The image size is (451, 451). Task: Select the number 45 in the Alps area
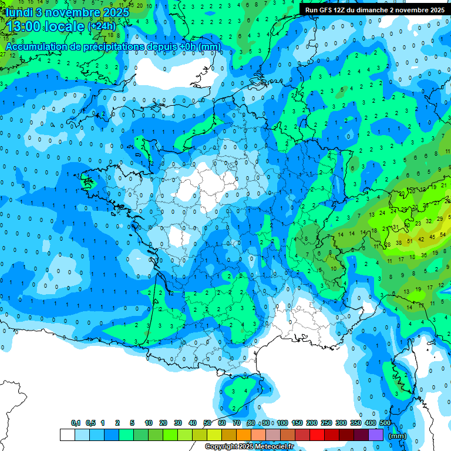pos(433,237)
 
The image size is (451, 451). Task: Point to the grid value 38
pos(399,243)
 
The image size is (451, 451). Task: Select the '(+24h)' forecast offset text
pos(102,26)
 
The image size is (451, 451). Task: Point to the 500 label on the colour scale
pos(385,423)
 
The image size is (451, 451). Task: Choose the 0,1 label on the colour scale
pos(76,423)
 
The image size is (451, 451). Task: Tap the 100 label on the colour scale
pos(282,423)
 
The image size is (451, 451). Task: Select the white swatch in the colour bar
pos(68,435)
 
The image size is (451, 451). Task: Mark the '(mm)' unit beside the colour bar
pos(398,436)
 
